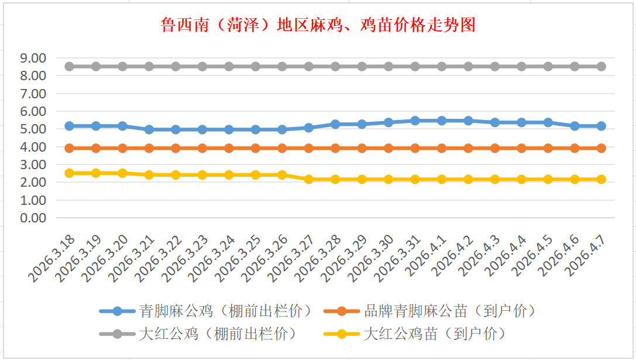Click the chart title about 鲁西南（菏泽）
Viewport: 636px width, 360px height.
coord(318,25)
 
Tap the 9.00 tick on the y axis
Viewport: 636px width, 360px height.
coord(33,58)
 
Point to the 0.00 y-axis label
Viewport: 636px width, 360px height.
coord(33,218)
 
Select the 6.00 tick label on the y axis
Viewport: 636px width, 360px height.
coord(33,111)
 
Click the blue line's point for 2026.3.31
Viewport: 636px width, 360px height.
coord(415,121)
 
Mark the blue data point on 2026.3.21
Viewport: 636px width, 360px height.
coord(149,129)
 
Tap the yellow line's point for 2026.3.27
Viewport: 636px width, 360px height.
coord(309,179)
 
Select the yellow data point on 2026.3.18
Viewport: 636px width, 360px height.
coord(69,173)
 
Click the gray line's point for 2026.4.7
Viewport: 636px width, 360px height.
coord(601,67)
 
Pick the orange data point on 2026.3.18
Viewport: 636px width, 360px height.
coord(69,148)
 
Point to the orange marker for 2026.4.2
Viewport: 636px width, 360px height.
coord(469,148)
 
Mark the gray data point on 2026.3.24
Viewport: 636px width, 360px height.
coord(229,67)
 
